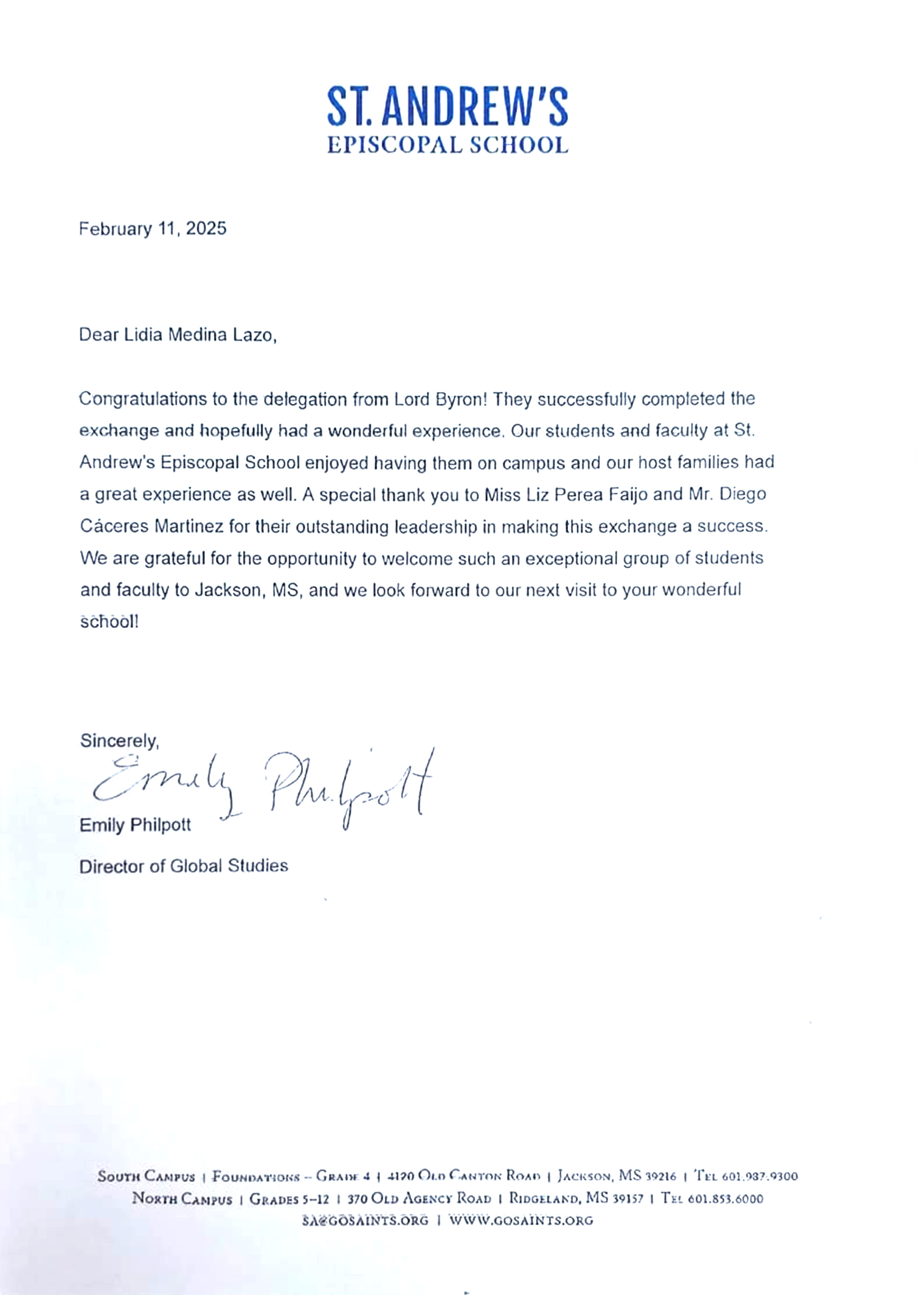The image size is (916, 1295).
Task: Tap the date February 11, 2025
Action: coord(153,229)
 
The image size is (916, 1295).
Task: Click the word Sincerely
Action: coord(119,741)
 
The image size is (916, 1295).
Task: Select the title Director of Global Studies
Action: coord(184,866)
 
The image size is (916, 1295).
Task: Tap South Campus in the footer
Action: coord(146,1177)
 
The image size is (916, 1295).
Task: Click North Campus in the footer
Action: coord(182,1199)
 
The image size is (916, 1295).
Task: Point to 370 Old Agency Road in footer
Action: coord(419,1199)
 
